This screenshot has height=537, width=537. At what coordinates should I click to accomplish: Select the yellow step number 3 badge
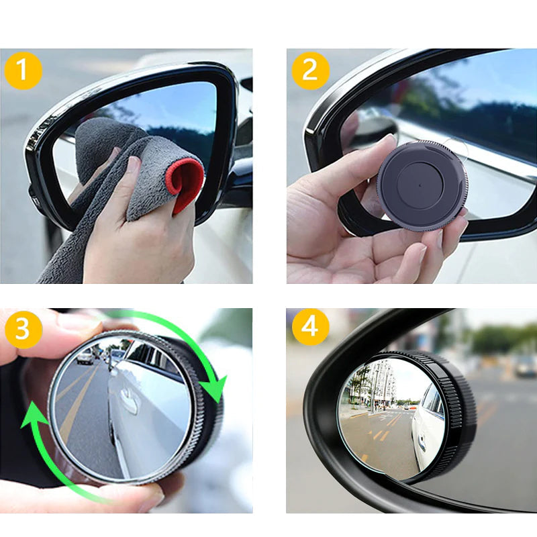[23, 329]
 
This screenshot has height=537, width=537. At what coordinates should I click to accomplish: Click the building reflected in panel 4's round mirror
[377, 383]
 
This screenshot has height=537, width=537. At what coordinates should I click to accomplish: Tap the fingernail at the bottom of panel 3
[150, 497]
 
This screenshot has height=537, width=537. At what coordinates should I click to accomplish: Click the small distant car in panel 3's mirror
[85, 358]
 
